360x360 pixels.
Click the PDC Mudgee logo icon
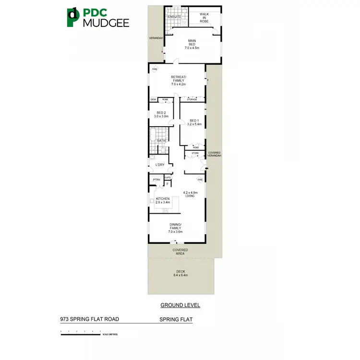point(73,17)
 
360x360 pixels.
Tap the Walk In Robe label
point(204,18)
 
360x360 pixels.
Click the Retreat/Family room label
point(178,80)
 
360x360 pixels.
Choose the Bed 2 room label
point(161,114)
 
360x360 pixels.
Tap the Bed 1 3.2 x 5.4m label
point(194,122)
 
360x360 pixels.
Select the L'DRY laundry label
point(160,165)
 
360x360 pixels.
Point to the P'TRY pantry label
point(156,180)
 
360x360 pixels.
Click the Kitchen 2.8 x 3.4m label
point(162,200)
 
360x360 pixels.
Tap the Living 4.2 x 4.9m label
point(190,195)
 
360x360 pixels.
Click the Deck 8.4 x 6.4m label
point(180,274)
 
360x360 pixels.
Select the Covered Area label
point(180,252)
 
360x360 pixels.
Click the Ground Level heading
point(180,305)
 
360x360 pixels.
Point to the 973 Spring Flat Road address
point(89,319)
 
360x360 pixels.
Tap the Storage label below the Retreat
point(192,99)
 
